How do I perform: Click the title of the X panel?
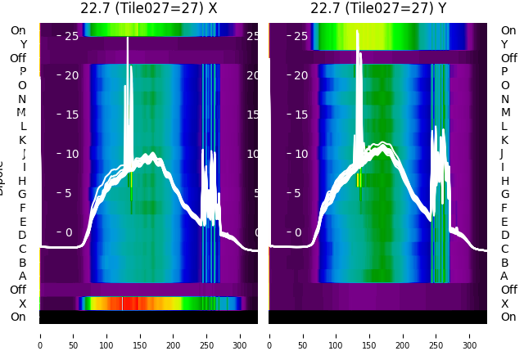[x=148, y=8]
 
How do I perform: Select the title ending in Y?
[x=378, y=8]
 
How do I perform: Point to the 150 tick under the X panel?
[x=140, y=335]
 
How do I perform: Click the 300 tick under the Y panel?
[x=470, y=335]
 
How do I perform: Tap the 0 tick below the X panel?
[x=40, y=335]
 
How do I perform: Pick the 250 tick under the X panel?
[x=207, y=335]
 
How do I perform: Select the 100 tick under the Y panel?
[x=336, y=335]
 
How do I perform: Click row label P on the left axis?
[x=22, y=72]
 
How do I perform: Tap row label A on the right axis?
[x=504, y=276]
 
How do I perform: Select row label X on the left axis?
[x=22, y=304]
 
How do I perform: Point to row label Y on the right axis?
[x=504, y=44]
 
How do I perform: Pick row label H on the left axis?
[x=22, y=181]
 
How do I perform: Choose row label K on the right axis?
[x=504, y=140]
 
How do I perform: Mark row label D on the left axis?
[x=22, y=236]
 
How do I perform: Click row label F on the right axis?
[x=504, y=208]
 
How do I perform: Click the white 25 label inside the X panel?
[x=71, y=36]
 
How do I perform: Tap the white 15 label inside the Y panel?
[x=300, y=115]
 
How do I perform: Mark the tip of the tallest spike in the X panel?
[x=127, y=38]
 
